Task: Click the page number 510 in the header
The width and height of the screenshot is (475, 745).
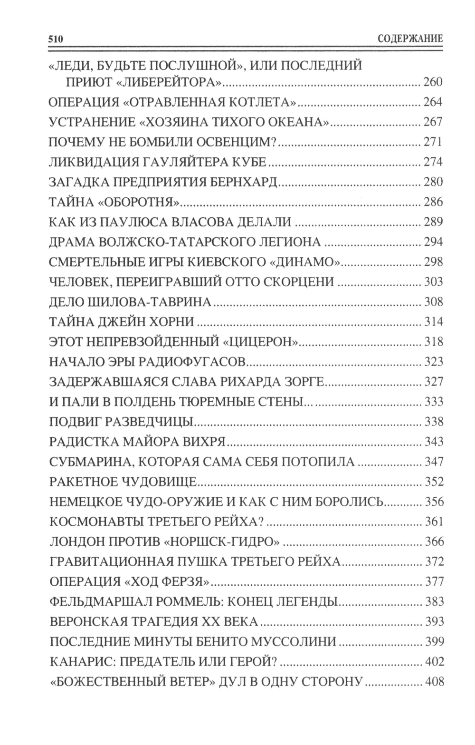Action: (x=56, y=39)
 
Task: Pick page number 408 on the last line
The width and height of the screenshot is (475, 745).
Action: (x=434, y=681)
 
